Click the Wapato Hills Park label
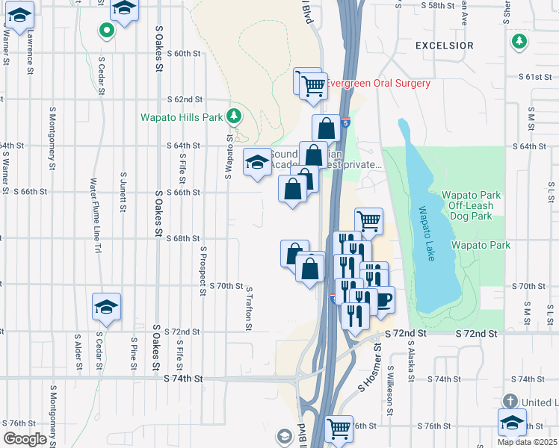coord(182,117)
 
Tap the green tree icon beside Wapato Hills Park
coord(235,116)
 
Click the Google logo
coord(25,439)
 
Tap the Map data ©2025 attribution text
coord(527,442)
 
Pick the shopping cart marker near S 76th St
coord(339,429)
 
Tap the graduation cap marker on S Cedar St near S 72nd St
coord(106,306)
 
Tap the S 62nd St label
coord(185,99)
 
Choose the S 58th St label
coord(438,5)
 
